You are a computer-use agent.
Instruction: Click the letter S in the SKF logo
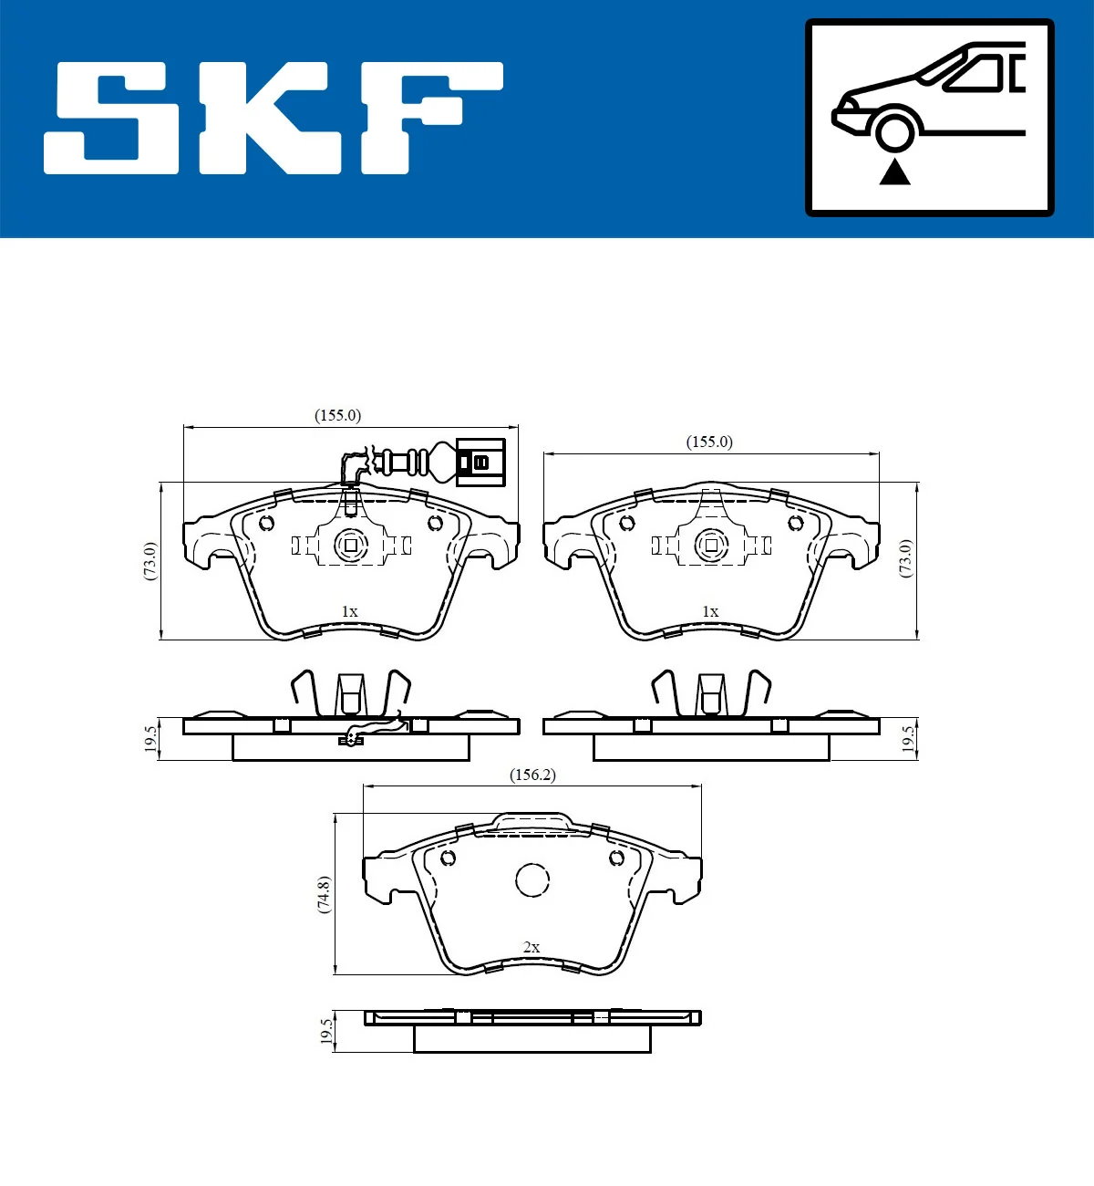click(x=111, y=118)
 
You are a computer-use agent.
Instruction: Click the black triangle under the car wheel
click(x=894, y=172)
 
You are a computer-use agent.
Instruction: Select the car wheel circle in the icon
click(x=894, y=130)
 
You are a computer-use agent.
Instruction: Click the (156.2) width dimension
click(x=532, y=775)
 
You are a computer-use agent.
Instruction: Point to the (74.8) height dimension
click(x=324, y=894)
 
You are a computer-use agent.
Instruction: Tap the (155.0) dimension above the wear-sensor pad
click(x=337, y=415)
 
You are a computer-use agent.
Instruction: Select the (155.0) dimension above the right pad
click(x=709, y=442)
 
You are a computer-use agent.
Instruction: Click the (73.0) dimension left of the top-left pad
click(x=150, y=560)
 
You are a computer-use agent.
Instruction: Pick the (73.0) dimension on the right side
click(x=905, y=557)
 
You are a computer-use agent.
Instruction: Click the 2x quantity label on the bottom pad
click(x=532, y=947)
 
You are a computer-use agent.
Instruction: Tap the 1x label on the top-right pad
click(x=710, y=611)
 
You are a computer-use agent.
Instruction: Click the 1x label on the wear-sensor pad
click(x=349, y=611)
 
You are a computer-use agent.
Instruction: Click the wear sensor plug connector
click(x=479, y=462)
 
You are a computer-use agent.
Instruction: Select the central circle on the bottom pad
click(x=532, y=880)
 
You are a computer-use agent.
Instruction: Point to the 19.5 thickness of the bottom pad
click(x=325, y=1032)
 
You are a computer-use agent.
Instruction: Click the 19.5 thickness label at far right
click(x=907, y=738)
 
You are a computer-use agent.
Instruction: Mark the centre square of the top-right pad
click(x=712, y=546)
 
